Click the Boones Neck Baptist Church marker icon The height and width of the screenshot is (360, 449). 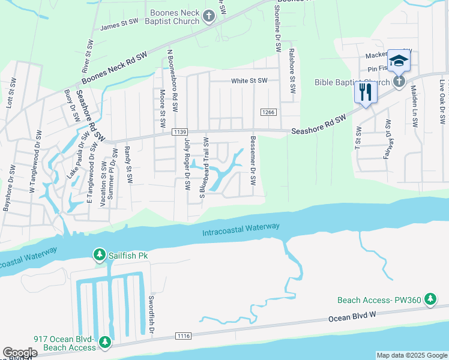209,16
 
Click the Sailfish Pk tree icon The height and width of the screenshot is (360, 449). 99,256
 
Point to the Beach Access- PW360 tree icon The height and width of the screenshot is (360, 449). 430,299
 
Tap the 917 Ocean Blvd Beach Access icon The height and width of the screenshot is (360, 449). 105,342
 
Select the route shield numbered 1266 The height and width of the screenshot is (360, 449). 268,112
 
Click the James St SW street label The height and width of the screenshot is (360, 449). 119,26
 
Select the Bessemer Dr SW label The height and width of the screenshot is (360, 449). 253,166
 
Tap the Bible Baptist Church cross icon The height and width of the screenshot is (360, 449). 400,82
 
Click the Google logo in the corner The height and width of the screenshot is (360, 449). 20,353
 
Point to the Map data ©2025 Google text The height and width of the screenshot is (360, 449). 411,355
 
